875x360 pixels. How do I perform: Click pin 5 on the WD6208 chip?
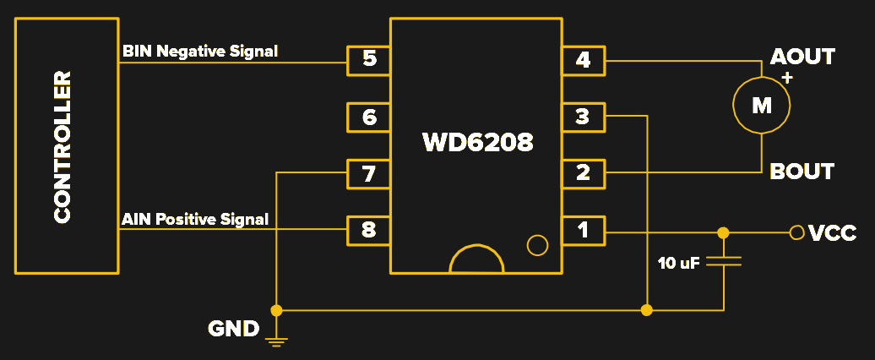[368, 59]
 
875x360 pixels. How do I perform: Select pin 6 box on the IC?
[368, 117]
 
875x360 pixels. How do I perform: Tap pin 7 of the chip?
[368, 174]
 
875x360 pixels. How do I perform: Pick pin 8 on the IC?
[368, 230]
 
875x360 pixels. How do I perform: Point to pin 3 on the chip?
[583, 117]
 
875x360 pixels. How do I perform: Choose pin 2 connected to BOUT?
[583, 174]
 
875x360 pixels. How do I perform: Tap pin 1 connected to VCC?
[583, 230]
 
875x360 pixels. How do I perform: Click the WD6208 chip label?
[478, 141]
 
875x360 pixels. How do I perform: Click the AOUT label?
[802, 57]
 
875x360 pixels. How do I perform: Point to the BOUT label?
[802, 172]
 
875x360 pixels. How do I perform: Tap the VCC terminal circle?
[795, 232]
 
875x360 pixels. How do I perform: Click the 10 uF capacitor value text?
[678, 264]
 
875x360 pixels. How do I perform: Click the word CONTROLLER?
[62, 148]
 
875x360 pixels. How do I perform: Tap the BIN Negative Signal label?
[200, 51]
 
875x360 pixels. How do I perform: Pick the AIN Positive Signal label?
[195, 220]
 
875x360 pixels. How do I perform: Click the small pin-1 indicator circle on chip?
[537, 246]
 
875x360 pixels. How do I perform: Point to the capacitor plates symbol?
[724, 262]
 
